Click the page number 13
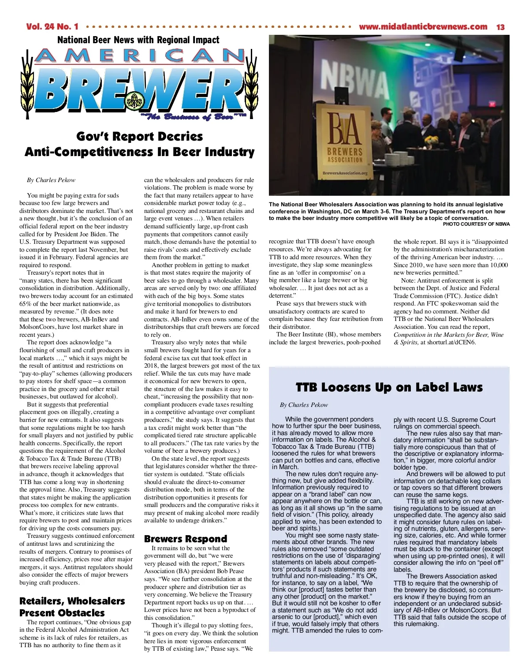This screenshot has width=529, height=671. coord(500,27)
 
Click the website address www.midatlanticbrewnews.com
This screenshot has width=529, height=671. coord(423,27)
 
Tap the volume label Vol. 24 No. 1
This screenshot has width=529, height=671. coord(52,27)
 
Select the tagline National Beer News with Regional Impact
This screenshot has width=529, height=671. coord(138,40)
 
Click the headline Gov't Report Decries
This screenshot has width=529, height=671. coord(139,136)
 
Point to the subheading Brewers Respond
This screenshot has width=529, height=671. coord(186,539)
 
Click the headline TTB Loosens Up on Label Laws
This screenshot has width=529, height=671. coord(389,388)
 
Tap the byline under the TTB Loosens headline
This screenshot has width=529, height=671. coord(304,405)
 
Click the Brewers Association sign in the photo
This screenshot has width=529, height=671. coord(345,144)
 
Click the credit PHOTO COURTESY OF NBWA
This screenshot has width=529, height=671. coord(476,224)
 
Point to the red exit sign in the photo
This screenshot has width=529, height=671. coord(492,104)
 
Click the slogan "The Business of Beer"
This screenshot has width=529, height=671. coord(193,116)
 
